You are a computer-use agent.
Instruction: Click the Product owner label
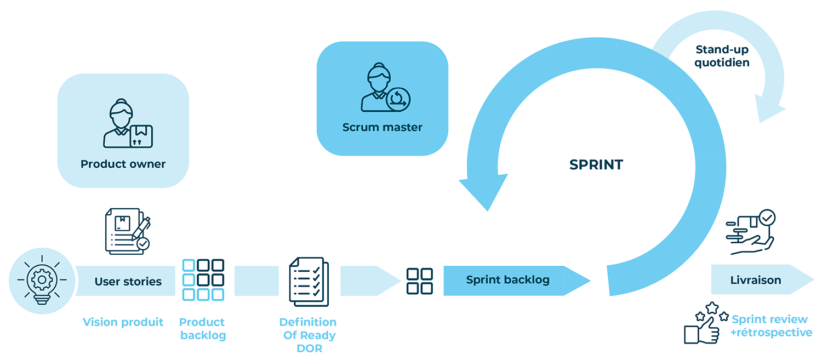point(123,164)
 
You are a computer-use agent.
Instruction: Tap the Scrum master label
point(382,127)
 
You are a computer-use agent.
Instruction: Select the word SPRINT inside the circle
point(596,164)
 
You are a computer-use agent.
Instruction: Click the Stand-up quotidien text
point(722,56)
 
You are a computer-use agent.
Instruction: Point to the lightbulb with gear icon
point(42,280)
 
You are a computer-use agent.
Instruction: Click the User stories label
point(128,282)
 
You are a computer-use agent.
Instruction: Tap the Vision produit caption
point(123,322)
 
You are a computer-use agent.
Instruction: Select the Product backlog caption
point(202,328)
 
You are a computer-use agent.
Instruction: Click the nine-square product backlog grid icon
point(203,279)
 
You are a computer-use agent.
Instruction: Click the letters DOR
point(309,348)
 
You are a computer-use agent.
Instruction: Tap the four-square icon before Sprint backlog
point(420,281)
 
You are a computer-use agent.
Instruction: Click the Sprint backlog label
point(507,280)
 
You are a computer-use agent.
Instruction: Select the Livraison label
point(755,280)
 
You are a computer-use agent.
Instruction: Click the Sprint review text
point(769,319)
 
